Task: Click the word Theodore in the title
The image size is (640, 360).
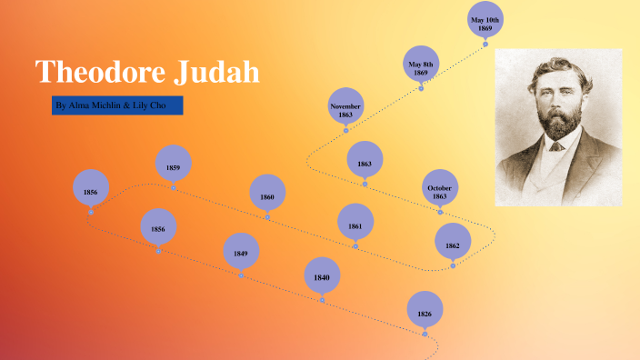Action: coord(101,71)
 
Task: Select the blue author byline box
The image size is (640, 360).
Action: coord(118,105)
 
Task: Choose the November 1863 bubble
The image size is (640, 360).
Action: coord(345,106)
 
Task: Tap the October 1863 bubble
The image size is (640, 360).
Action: coord(440,188)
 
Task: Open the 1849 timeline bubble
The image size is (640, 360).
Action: coord(241,252)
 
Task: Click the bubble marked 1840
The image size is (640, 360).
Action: coord(322,275)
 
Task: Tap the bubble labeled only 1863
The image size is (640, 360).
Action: coord(365,160)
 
